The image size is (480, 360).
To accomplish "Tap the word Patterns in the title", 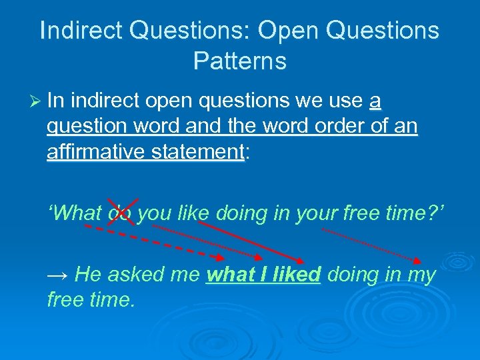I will click(240, 61).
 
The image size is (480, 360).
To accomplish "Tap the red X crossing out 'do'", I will click(123, 212).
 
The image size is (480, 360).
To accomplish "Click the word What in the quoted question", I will click(75, 213).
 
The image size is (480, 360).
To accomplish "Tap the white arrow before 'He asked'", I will click(59, 275).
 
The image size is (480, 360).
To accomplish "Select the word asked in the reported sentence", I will click(139, 274).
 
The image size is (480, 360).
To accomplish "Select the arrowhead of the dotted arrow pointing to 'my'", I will click(417, 261).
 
